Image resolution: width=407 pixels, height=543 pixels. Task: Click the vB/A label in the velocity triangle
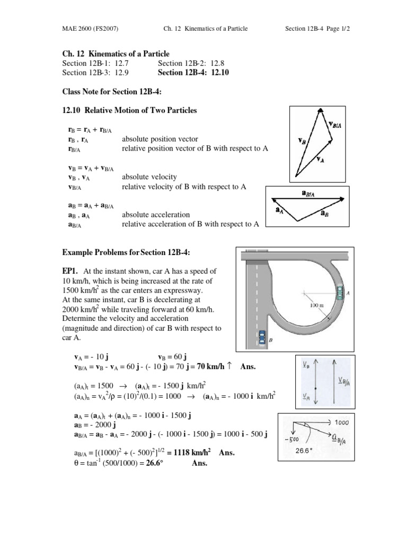pyautogui.click(x=334, y=124)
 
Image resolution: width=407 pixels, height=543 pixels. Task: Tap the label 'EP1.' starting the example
pyautogui.click(x=71, y=271)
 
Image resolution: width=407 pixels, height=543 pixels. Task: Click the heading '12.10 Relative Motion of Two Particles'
pyautogui.click(x=129, y=111)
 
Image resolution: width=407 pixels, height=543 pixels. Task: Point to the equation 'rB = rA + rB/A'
pyautogui.click(x=90, y=129)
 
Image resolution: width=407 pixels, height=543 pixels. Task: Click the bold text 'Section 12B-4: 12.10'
pyautogui.click(x=193, y=73)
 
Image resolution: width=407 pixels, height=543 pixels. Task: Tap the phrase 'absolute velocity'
pyautogui.click(x=149, y=177)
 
